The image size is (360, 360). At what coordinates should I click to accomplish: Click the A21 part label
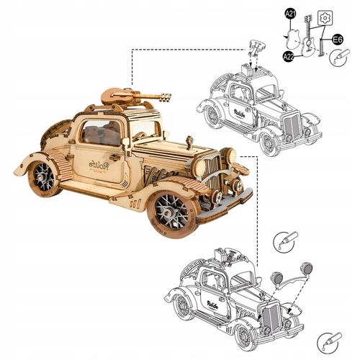pyautogui.click(x=289, y=14)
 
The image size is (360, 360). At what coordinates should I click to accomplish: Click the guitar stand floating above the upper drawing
pyautogui.click(x=255, y=50)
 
